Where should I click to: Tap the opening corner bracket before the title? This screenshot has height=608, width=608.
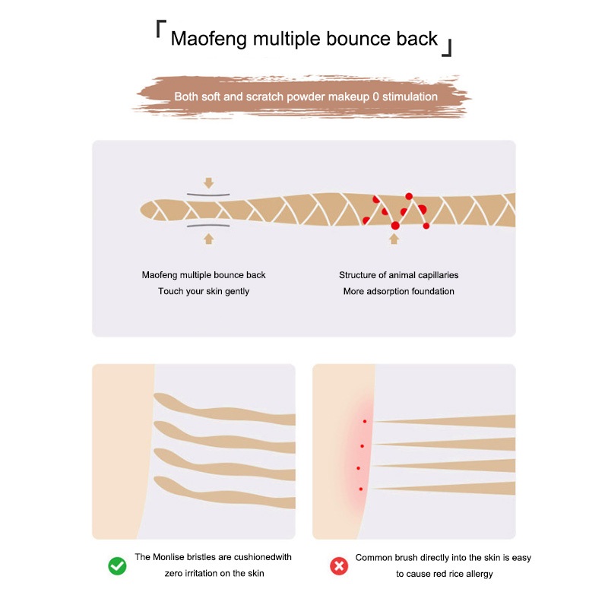coord(160,28)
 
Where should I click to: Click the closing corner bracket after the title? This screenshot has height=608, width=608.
coord(448,49)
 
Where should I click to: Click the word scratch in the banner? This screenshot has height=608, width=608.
coord(261,97)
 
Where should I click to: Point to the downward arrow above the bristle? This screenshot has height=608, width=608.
coord(209,183)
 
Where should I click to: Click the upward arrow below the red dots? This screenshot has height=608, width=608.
coord(394,239)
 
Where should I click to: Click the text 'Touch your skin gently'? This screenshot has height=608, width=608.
coord(204,291)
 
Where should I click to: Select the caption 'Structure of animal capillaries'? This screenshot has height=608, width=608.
coord(399,275)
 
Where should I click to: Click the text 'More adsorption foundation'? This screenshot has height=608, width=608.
coord(399,291)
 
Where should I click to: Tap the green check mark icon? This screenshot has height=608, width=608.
coord(117,565)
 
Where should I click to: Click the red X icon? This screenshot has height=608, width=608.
coord(338,565)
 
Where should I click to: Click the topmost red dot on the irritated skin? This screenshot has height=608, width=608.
coord(365,421)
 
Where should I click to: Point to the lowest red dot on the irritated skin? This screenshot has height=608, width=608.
coord(360,489)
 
